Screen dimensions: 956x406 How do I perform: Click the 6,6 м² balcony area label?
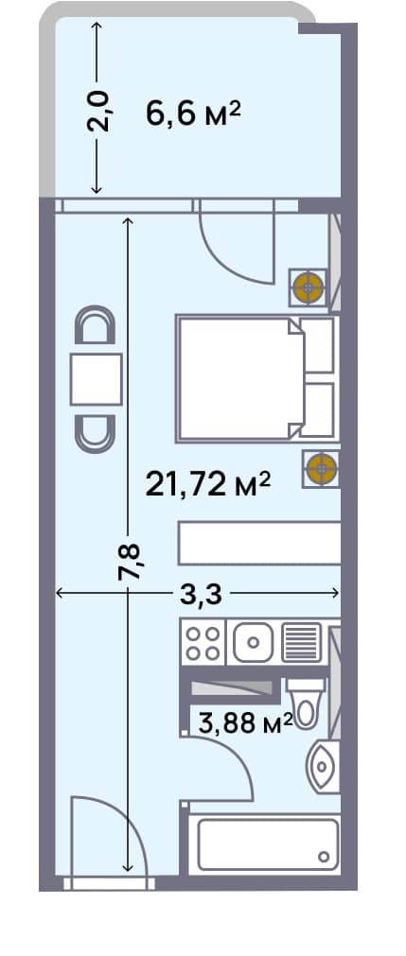click(x=193, y=114)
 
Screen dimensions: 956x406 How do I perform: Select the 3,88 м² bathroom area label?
click(x=244, y=724)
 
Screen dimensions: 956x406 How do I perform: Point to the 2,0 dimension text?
click(x=105, y=111)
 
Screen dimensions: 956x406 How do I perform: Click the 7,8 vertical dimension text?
click(x=132, y=562)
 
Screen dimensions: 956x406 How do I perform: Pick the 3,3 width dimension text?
click(x=200, y=594)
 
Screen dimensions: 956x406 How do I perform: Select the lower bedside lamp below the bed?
click(x=320, y=468)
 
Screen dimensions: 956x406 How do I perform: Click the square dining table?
click(x=97, y=379)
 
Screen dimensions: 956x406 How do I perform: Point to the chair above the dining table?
click(x=96, y=327)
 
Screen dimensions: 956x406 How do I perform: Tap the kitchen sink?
click(x=252, y=644)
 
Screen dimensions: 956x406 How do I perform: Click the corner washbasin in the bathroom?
click(x=322, y=764)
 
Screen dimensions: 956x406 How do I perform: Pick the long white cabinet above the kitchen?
click(x=258, y=544)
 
